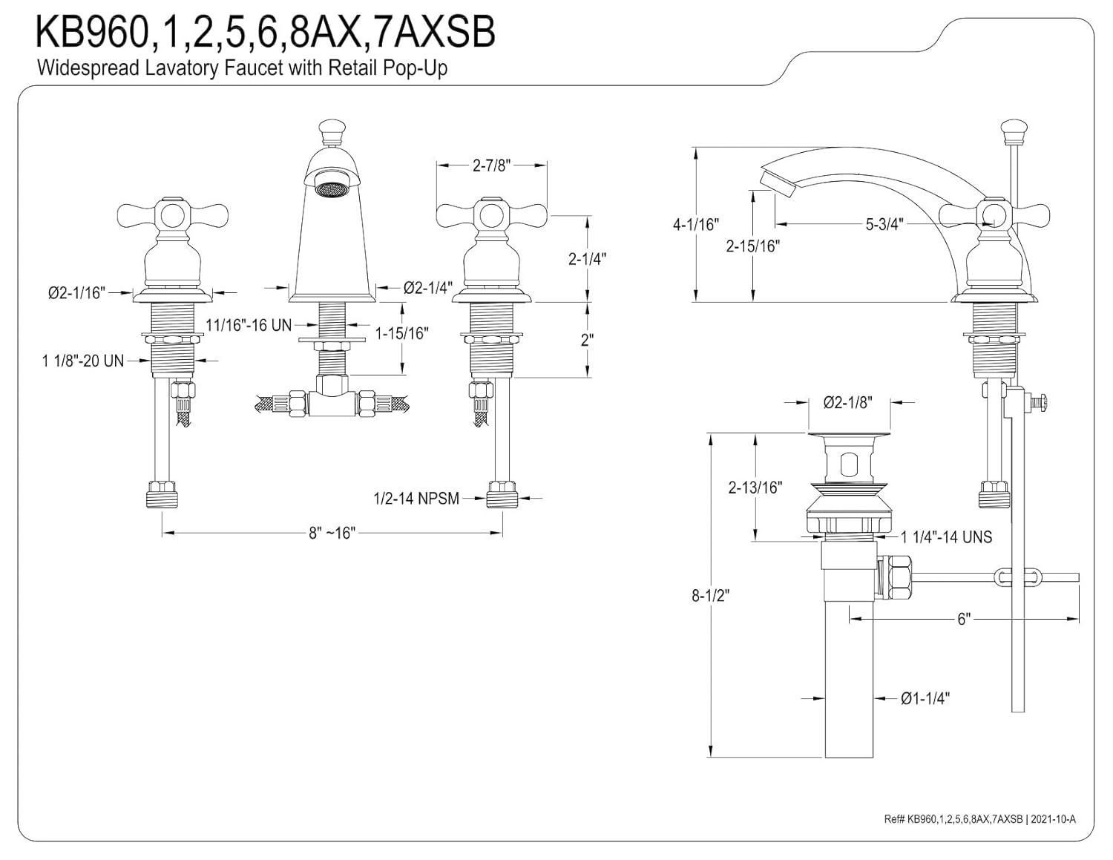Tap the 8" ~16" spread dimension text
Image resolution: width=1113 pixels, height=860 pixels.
click(x=332, y=533)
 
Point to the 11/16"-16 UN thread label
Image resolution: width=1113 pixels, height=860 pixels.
click(x=249, y=325)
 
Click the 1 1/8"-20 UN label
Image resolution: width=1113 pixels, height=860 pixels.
click(x=82, y=361)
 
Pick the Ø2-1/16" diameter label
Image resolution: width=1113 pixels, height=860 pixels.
click(x=77, y=293)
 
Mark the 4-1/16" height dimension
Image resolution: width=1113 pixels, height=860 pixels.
click(x=695, y=223)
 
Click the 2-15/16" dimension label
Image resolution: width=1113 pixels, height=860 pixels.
click(x=752, y=246)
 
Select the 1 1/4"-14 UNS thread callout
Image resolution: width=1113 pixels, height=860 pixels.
click(x=945, y=536)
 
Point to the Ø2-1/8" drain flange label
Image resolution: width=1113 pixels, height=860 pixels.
click(x=847, y=403)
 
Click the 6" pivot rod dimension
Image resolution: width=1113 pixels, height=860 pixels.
click(x=963, y=619)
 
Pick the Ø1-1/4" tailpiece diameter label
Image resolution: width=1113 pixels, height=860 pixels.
click(x=925, y=698)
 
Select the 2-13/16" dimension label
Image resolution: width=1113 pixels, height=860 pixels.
click(x=755, y=488)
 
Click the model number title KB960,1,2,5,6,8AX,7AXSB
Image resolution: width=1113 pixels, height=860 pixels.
click(x=266, y=33)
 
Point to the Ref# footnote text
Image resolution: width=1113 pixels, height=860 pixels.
click(x=979, y=818)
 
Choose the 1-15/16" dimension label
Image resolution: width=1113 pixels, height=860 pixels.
click(x=401, y=333)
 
